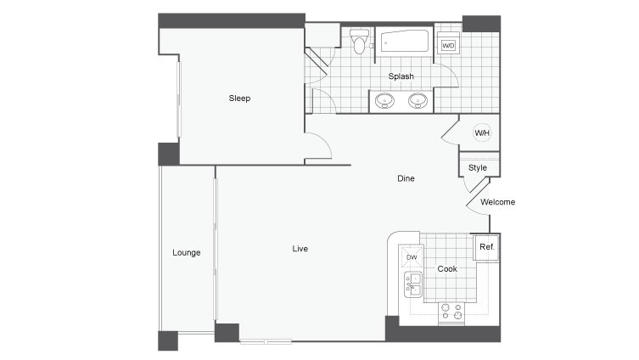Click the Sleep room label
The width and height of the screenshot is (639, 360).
pyautogui.click(x=239, y=98)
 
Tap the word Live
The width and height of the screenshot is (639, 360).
pyautogui.click(x=300, y=249)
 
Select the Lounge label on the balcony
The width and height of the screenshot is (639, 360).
pyautogui.click(x=186, y=253)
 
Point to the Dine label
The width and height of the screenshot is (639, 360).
pyautogui.click(x=406, y=178)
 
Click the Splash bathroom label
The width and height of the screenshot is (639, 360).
pyautogui.click(x=401, y=76)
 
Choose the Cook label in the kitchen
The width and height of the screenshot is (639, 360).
pyautogui.click(x=447, y=269)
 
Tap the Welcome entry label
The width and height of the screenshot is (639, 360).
pyautogui.click(x=497, y=202)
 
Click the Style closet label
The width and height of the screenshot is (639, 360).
pyautogui.click(x=477, y=168)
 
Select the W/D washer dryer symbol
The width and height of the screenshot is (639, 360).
pyautogui.click(x=448, y=45)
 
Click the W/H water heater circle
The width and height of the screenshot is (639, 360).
pyautogui.click(x=482, y=133)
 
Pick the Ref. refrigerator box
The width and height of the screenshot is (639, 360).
pyautogui.click(x=485, y=247)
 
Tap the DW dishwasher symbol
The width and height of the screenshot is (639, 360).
pyautogui.click(x=412, y=257)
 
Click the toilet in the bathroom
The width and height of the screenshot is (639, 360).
pyautogui.click(x=359, y=41)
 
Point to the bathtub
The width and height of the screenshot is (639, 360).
pyautogui.click(x=405, y=41)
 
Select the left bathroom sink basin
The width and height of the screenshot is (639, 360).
pyautogui.click(x=384, y=101)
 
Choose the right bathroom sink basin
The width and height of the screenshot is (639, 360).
pyautogui.click(x=418, y=101)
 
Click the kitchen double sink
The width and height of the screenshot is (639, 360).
pyautogui.click(x=413, y=284)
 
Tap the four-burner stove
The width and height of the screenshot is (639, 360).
pyautogui.click(x=451, y=312)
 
